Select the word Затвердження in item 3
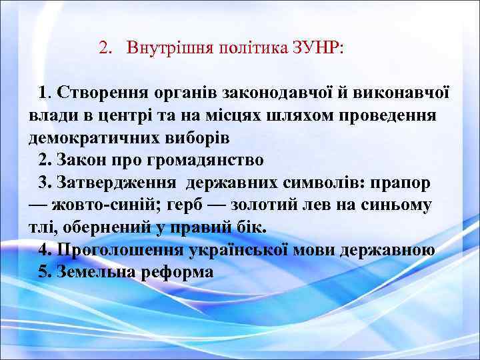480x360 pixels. coord(117,182)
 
